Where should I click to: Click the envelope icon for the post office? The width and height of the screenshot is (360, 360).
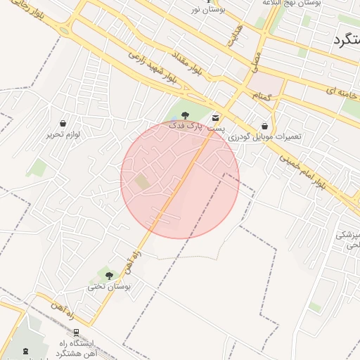214,117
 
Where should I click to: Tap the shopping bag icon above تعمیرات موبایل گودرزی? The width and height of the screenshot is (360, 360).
264,126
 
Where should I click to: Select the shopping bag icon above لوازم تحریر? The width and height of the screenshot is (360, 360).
64,123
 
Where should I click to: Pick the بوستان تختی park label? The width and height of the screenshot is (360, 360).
105,287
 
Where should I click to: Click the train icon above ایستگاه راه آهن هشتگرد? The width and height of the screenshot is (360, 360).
75,332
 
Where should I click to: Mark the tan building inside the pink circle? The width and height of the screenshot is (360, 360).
143,181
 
